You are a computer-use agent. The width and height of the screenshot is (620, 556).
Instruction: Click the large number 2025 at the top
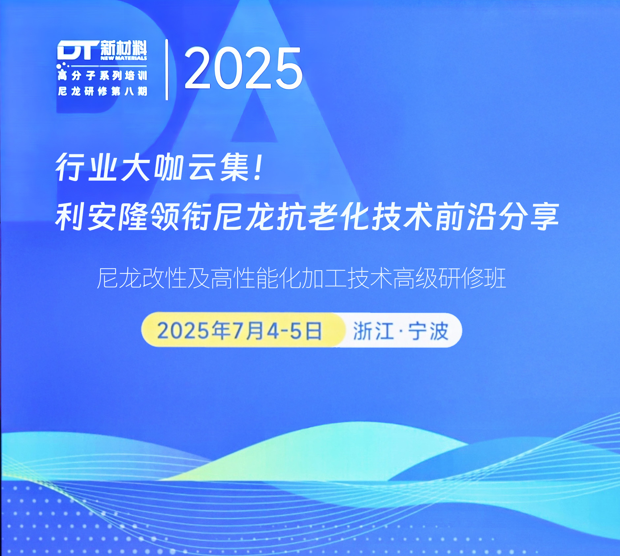pos(243,68)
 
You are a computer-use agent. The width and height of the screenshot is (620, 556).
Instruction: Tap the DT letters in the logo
pos(78,50)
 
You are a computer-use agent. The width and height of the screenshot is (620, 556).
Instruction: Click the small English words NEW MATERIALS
pos(124,58)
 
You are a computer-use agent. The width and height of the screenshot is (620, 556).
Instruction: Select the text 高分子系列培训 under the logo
pos(102,76)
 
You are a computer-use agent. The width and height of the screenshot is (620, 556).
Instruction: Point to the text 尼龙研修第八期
pos(102,91)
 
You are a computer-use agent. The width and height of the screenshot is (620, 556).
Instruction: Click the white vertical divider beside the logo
pos(167,70)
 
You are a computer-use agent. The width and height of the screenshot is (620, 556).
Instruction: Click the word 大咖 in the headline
pos(151,168)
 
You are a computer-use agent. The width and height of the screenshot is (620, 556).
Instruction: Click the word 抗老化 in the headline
pos(324,217)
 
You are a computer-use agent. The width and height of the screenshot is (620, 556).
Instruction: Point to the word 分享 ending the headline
pos(528,217)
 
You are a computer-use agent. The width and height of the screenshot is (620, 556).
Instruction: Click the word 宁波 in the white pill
pos(428,331)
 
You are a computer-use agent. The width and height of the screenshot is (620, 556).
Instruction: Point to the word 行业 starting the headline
pos(86,168)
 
